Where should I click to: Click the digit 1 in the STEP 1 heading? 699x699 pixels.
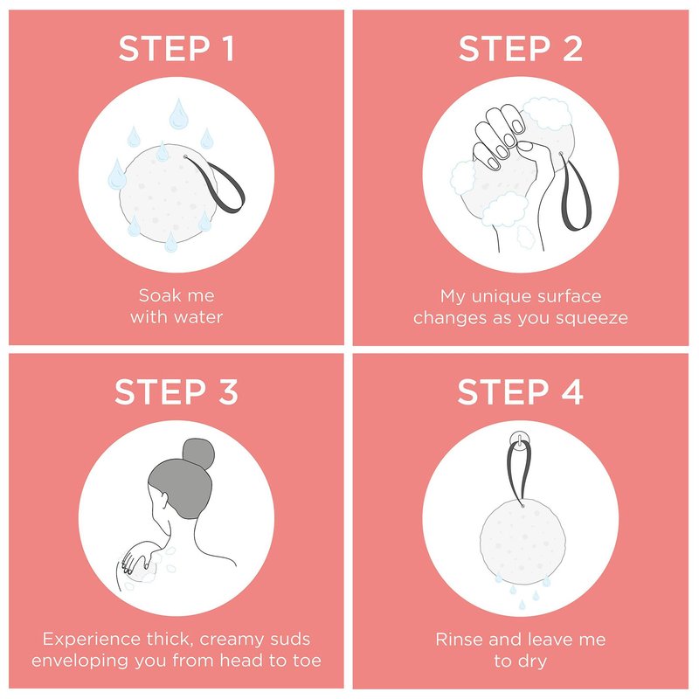coord(228,48)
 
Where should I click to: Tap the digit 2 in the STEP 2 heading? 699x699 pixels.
coord(572,48)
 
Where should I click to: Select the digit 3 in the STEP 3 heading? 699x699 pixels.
coord(228,391)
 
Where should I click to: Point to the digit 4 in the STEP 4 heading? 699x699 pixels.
coord(572,391)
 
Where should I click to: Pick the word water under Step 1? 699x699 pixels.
coord(198,317)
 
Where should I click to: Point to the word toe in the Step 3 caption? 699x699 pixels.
coord(308,661)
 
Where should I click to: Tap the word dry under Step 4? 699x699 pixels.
coord(532,661)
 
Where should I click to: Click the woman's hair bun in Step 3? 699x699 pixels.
coord(198,453)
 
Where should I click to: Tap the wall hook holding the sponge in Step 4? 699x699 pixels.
coord(519,439)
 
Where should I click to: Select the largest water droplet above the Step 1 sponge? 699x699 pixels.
coord(178,114)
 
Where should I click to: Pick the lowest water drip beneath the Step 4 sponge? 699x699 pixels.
coord(522,605)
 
